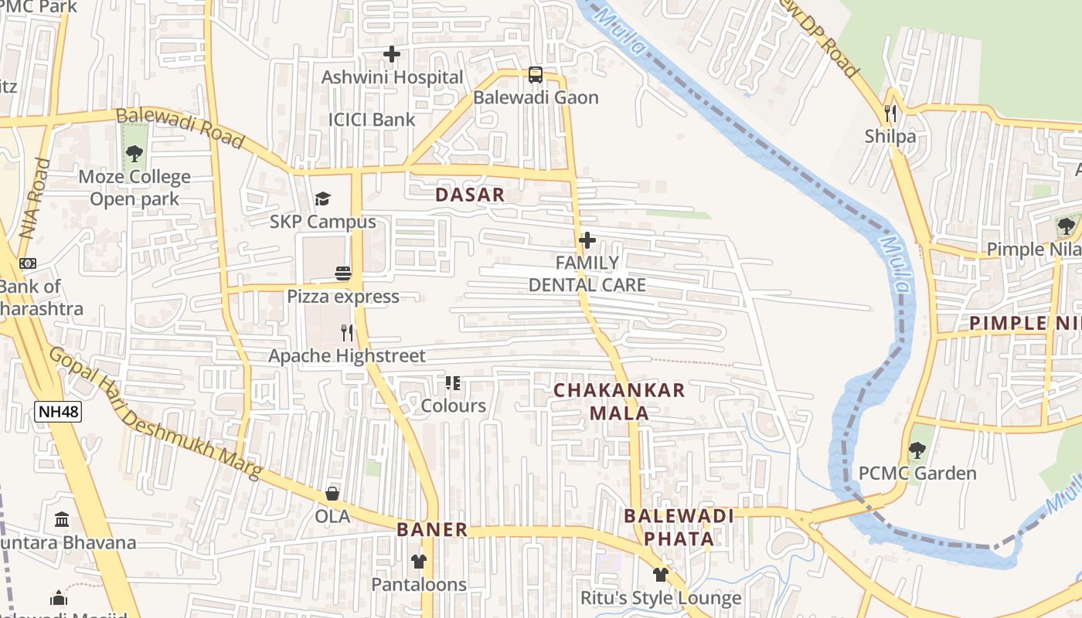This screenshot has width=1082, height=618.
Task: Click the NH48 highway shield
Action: click(58, 411)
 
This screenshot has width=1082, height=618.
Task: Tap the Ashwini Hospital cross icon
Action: click(392, 54)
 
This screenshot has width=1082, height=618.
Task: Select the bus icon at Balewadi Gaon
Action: click(536, 75)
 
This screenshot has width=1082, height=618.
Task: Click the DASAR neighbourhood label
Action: click(470, 195)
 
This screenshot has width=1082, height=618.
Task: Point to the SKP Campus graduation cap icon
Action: click(322, 199)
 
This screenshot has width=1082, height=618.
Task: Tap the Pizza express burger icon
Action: click(343, 273)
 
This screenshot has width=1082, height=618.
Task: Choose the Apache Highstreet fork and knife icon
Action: click(347, 333)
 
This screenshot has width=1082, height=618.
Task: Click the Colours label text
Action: click(453, 406)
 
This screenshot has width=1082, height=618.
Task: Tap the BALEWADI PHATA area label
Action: click(679, 527)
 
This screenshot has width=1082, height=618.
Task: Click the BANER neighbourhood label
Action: click(432, 530)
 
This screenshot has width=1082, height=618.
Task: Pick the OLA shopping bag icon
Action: click(332, 494)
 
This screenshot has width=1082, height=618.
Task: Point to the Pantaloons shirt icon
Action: click(419, 562)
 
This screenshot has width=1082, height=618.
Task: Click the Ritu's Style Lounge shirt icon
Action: click(660, 575)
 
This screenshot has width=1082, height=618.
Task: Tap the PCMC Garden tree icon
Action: click(917, 450)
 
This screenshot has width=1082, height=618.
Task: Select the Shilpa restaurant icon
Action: click(890, 114)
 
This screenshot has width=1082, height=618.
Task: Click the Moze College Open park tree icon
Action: click(134, 154)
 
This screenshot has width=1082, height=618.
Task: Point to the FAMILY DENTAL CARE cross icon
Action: click(587, 240)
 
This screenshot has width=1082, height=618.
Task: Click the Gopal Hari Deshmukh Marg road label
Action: click(155, 413)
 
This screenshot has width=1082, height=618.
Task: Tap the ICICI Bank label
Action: click(372, 120)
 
